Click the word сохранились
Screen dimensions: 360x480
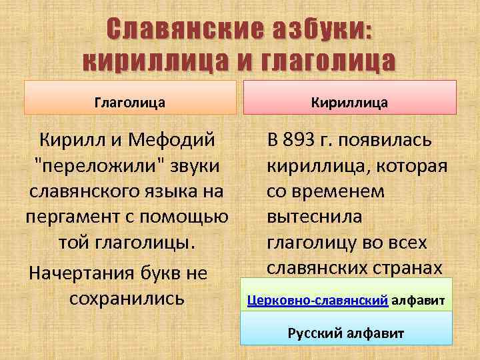(x=127, y=297)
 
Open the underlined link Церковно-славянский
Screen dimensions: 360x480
(x=317, y=301)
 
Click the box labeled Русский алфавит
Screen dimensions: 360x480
(x=345, y=332)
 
